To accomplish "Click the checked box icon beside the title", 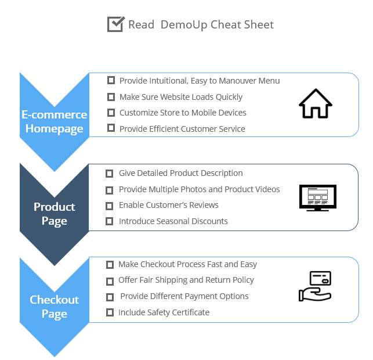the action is [116, 24].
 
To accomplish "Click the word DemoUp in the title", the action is [184, 25].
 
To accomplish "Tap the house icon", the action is [316, 103].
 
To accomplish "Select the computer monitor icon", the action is [318, 198].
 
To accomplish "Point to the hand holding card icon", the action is [315, 286].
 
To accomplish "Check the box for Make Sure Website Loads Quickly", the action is [111, 97].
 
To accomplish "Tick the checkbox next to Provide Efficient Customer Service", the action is [111, 128].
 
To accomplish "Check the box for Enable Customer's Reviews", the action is [109, 206].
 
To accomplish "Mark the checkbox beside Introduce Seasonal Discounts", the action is [109, 221].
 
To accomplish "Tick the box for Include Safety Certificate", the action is [110, 312].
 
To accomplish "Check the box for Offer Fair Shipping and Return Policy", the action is [110, 282].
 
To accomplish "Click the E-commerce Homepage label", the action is [54, 122].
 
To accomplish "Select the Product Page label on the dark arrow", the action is [54, 214].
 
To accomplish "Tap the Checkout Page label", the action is [54, 307].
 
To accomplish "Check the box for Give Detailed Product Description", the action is [109, 174].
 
